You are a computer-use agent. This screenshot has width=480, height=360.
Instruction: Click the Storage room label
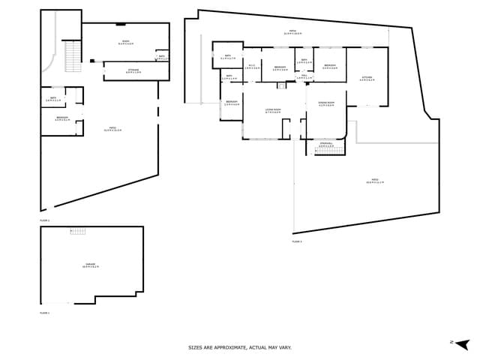(133, 71)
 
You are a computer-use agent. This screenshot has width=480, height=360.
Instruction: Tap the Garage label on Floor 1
(91, 265)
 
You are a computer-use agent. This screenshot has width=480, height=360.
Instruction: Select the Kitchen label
(366, 78)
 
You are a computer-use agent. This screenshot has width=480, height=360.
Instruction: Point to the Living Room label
(273, 111)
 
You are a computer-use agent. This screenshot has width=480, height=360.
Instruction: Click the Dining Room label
(325, 104)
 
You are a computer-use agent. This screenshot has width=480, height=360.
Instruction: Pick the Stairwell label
(325, 145)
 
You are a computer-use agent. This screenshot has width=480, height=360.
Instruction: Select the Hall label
(304, 76)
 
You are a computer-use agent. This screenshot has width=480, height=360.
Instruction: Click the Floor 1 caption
(44, 312)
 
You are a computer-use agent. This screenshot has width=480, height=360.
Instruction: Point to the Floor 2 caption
(44, 220)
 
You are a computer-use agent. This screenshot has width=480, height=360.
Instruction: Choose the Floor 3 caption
(296, 241)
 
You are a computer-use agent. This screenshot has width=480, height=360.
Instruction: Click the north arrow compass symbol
(461, 343)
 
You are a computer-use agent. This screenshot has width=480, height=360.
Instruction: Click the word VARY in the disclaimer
(284, 347)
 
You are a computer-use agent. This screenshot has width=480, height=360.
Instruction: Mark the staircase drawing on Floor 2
(73, 56)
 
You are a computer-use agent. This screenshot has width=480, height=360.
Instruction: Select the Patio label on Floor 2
(112, 129)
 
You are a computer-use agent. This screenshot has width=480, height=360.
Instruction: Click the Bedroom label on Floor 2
(62, 118)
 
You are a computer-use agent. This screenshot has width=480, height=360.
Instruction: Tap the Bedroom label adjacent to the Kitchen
(330, 66)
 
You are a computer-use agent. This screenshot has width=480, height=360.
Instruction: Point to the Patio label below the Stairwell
(375, 181)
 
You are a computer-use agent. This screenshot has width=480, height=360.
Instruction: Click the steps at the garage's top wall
(77, 231)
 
